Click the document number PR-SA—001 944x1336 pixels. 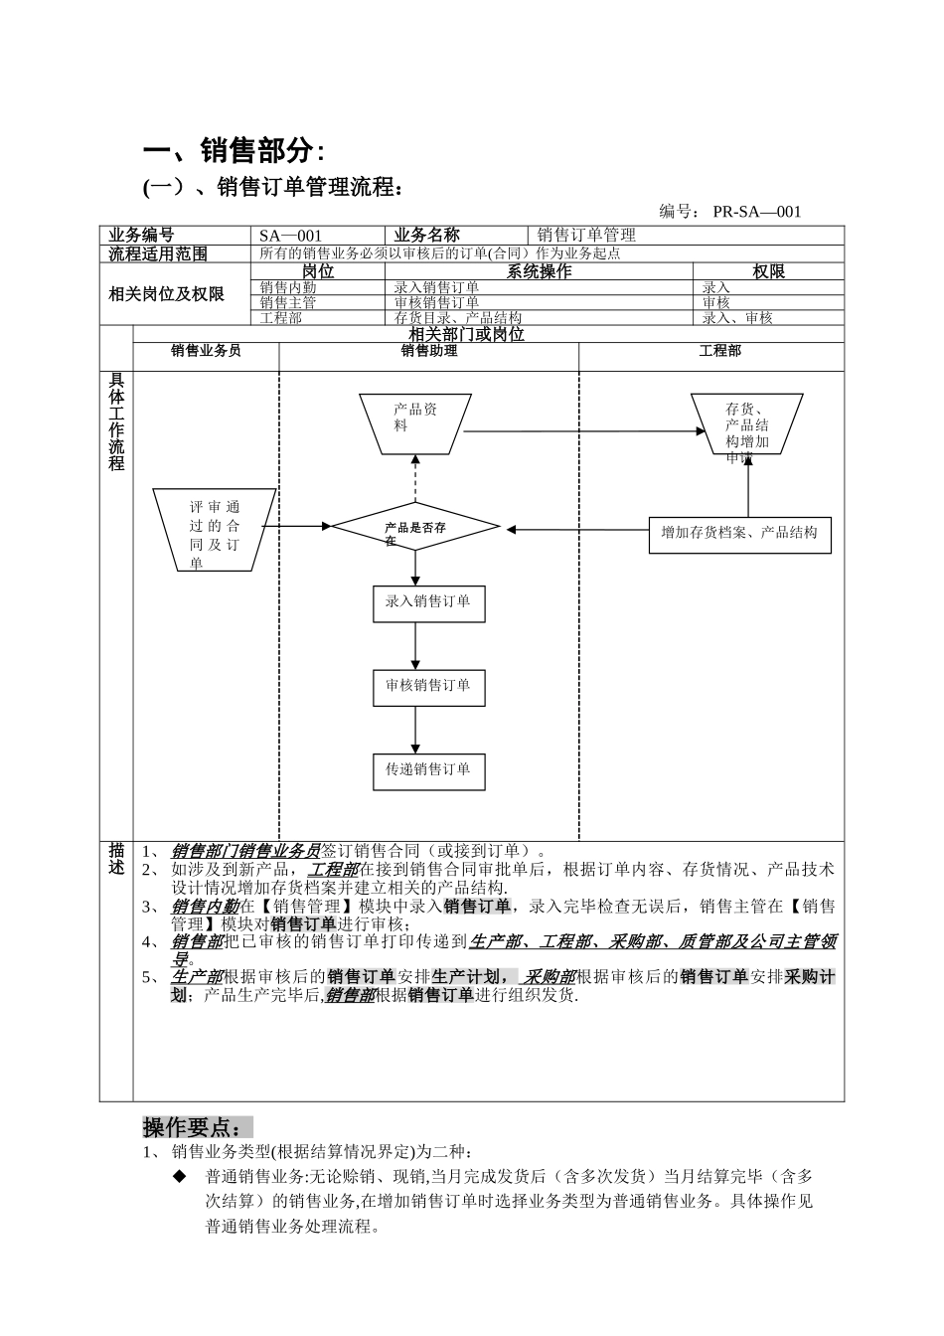tap(756, 211)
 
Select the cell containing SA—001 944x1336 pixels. tap(290, 236)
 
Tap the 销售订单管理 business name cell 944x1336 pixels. tap(586, 236)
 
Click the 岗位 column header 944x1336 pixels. tap(317, 271)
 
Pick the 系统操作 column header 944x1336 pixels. tap(539, 271)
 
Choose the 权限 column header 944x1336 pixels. tap(767, 271)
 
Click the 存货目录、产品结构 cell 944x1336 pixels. tap(458, 318)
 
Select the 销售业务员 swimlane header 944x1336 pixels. tap(206, 351)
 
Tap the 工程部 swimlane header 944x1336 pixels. tap(719, 351)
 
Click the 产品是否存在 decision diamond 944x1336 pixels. tap(415, 527)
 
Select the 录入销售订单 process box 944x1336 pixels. tap(428, 602)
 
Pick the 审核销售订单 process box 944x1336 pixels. tap(428, 686)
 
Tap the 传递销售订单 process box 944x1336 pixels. tap(428, 769)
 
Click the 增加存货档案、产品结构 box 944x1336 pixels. tap(739, 534)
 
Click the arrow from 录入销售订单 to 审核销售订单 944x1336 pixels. tap(415, 645)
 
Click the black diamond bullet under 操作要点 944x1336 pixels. tap(180, 1176)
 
